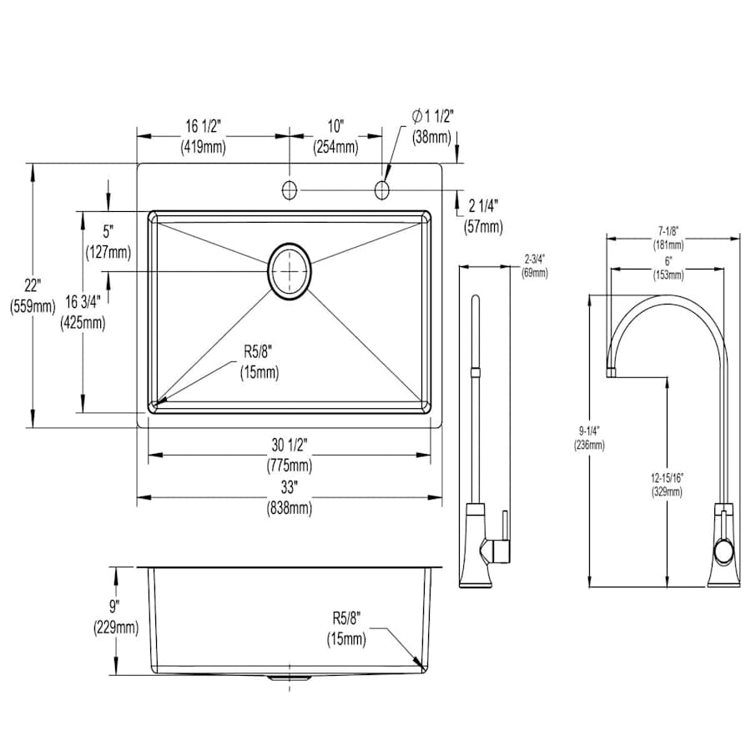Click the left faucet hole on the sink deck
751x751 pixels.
[290, 190]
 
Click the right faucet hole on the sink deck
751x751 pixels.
[381, 190]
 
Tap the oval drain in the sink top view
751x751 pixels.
[290, 271]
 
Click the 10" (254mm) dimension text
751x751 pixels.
[335, 137]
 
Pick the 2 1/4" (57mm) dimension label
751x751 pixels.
[483, 216]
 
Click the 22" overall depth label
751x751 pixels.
[33, 296]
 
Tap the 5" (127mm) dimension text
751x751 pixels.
[108, 241]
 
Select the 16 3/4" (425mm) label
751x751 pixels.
[83, 312]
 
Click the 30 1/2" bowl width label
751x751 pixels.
[290, 455]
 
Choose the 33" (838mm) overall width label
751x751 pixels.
[290, 497]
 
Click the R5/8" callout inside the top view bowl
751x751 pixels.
[260, 362]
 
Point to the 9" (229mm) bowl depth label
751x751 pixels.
[116, 617]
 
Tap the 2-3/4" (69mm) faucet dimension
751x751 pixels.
[535, 266]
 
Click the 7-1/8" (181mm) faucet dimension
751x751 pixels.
[668, 238]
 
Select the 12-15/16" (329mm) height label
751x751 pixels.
[668, 484]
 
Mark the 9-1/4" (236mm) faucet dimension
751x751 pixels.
[589, 438]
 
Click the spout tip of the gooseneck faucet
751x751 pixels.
[611, 372]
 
